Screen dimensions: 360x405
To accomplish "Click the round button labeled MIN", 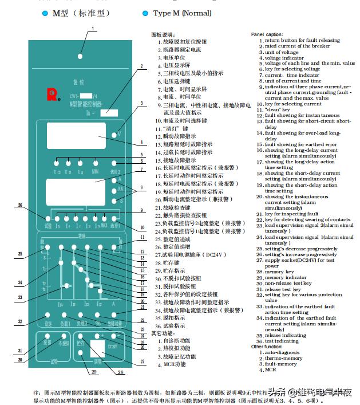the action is click(x=94, y=163).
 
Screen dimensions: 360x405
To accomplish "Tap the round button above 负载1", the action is click(x=65, y=316).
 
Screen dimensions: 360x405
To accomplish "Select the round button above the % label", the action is click(x=98, y=316).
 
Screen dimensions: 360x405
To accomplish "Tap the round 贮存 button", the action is click(x=81, y=336).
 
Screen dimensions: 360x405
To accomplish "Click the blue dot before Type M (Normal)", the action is click(x=147, y=13).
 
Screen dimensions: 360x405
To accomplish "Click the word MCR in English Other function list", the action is click(x=271, y=369).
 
